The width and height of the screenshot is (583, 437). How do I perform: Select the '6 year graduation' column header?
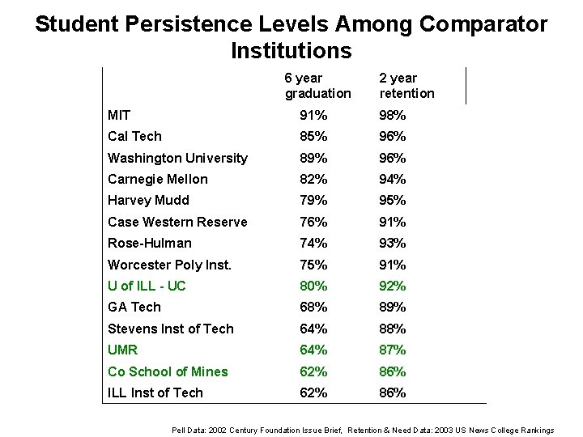[x=317, y=86]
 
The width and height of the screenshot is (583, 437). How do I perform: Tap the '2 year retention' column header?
[x=406, y=86]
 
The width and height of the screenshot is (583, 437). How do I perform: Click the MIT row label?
[x=120, y=115]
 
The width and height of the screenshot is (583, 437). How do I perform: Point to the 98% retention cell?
[x=393, y=115]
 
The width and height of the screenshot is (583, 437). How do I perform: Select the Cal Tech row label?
[x=134, y=136]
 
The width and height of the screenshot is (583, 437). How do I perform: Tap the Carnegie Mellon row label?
[x=157, y=179]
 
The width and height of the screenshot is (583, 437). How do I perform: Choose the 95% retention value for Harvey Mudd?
[x=393, y=200]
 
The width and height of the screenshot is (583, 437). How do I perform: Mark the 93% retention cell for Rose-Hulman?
[x=393, y=243]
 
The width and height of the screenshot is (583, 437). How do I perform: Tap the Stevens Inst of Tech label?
[x=170, y=329]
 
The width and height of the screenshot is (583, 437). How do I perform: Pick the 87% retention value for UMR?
[x=393, y=350]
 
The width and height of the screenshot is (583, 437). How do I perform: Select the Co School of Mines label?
[x=168, y=371]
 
